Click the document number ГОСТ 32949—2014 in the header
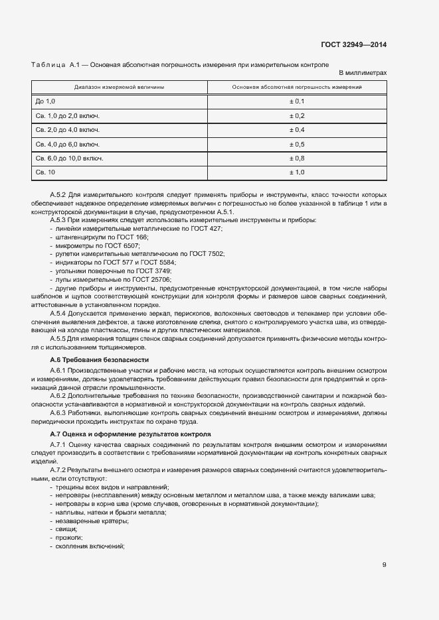[x=355, y=46]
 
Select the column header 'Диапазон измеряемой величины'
[x=120, y=87]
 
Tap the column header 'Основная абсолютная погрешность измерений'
[x=296, y=87]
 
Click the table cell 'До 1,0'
[x=46, y=101]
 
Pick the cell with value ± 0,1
[x=296, y=101]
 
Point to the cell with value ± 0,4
[x=296, y=129]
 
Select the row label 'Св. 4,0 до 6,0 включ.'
[x=68, y=144]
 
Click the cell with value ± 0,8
[x=296, y=158]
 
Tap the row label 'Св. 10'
[x=45, y=172]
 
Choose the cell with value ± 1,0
[x=296, y=172]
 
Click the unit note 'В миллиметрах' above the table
[x=363, y=72]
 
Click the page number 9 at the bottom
[x=384, y=565]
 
